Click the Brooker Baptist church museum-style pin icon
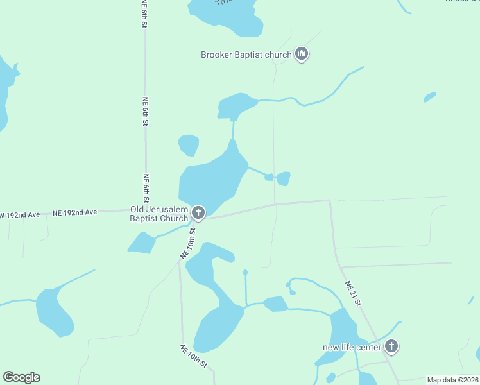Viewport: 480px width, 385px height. click(x=302, y=55)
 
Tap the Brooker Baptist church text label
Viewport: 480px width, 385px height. click(x=246, y=55)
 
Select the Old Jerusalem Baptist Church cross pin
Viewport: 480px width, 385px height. click(x=198, y=212)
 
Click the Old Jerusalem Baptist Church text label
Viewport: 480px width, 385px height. click(x=159, y=214)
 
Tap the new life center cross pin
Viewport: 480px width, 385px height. click(x=391, y=347)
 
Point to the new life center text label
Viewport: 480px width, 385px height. click(x=352, y=348)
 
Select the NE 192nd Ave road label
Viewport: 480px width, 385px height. click(x=74, y=212)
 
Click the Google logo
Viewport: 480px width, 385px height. click(x=21, y=377)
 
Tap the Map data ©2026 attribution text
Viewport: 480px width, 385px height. click(x=452, y=380)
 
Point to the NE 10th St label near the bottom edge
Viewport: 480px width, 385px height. click(x=193, y=357)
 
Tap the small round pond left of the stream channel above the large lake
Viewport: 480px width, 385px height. click(x=189, y=145)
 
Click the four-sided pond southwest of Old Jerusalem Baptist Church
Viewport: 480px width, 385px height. click(x=142, y=243)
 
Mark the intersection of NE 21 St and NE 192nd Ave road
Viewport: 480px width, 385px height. click(x=330, y=201)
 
